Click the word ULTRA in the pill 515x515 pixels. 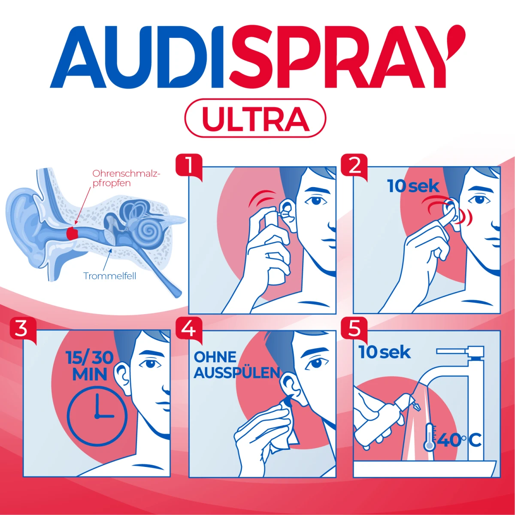tap(255, 118)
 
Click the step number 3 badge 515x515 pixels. tap(23, 330)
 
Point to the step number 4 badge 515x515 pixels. tap(189, 330)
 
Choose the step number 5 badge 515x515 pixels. tap(354, 330)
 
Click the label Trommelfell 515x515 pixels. tap(109, 276)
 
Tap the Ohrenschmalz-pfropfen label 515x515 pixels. tap(126, 178)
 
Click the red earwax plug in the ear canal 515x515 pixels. tap(72, 233)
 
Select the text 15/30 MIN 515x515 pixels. tap(90, 366)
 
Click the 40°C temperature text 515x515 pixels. tap(459, 440)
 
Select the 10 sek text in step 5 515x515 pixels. tap(385, 352)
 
